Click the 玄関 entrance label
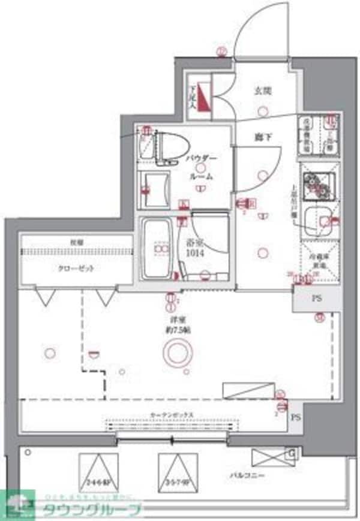(x=263, y=92)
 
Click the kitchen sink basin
(x=318, y=220)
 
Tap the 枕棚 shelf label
(x=76, y=243)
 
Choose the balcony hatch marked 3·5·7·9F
(x=178, y=471)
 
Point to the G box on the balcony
(x=291, y=454)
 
